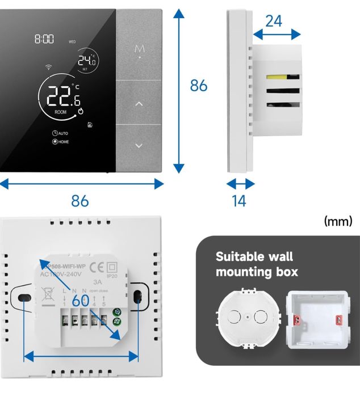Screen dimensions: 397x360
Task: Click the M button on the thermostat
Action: point(139,50)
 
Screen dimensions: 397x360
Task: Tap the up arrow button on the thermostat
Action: point(139,104)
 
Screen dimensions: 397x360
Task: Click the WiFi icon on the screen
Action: point(49,67)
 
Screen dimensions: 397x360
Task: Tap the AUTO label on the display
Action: point(60,133)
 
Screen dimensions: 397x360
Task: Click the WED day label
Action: point(72,42)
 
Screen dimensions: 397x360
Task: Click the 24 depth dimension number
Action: point(274,21)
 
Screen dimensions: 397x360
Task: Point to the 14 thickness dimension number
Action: point(240,201)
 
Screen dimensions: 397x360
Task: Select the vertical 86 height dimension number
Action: point(199,86)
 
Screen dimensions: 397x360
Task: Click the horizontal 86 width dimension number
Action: point(79,201)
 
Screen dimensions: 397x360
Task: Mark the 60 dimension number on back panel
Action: point(81,301)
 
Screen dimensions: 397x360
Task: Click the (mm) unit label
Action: point(338,221)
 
